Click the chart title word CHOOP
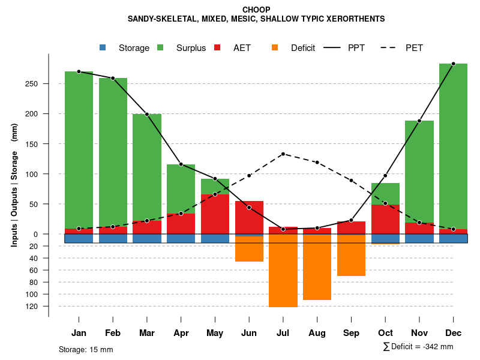point(256,10)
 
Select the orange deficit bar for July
point(283,270)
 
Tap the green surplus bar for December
point(453,144)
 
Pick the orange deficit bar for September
point(352,255)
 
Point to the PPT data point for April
point(181,164)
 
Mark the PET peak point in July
point(283,154)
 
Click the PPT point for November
point(419,121)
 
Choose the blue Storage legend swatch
point(103,48)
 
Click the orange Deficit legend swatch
point(275,48)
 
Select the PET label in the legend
point(414,48)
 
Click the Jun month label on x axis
point(249,333)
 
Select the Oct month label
point(385,333)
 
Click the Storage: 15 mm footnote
point(86,349)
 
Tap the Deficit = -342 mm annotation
point(418,346)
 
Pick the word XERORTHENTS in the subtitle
point(347,19)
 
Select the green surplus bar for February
point(113,150)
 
